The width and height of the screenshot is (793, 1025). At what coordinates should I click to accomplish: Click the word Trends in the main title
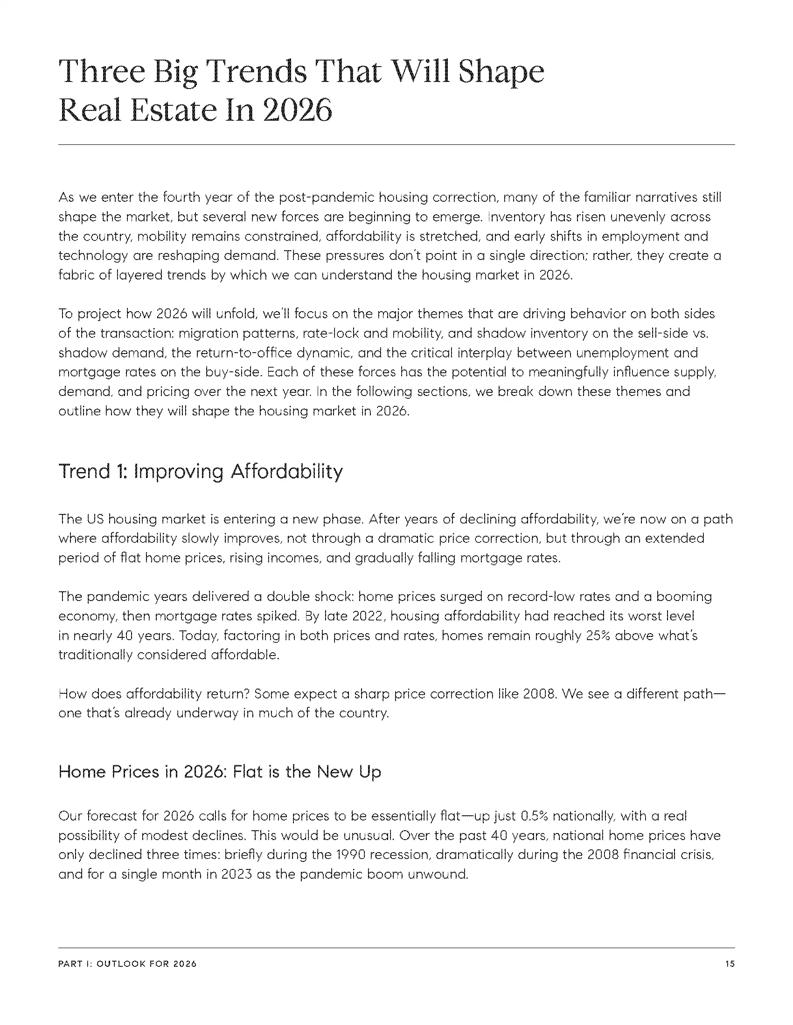(257, 72)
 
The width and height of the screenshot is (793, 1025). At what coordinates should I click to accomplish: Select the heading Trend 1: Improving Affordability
(201, 471)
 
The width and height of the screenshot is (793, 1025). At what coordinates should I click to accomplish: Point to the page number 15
(730, 964)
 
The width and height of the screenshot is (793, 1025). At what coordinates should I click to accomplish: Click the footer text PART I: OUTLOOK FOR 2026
(127, 964)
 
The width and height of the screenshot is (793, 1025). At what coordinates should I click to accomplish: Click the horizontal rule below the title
(396, 145)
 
